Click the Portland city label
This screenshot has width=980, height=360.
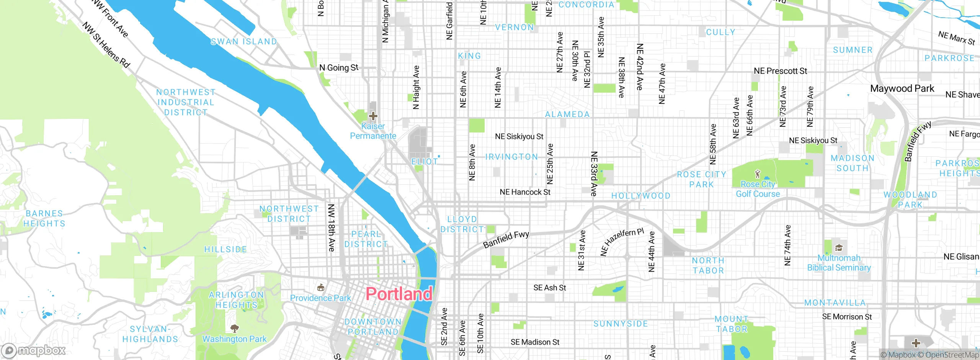[x=399, y=294]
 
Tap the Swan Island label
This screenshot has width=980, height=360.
[x=244, y=41]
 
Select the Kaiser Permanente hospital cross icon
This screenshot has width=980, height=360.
[x=373, y=116]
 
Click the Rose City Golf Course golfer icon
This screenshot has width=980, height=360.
[x=757, y=174]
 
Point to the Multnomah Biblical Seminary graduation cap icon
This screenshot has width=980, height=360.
[x=838, y=248]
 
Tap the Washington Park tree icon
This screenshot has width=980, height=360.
[x=235, y=328]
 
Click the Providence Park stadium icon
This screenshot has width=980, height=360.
[x=321, y=287]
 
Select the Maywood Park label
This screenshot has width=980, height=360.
[x=902, y=88]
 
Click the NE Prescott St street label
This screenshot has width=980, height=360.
[x=780, y=71]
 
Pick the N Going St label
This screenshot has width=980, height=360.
[x=339, y=68]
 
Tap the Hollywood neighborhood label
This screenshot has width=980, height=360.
[x=641, y=196]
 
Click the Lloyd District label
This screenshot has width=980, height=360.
[x=462, y=224]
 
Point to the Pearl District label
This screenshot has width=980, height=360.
[x=366, y=239]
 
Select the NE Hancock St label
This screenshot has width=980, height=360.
[x=525, y=192]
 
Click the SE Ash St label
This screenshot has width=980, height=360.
[x=549, y=288]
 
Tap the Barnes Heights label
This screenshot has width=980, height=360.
[x=44, y=218]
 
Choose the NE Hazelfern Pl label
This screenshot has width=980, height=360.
[x=622, y=242]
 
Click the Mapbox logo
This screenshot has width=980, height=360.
[x=34, y=350]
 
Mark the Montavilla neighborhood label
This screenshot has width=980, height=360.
[x=835, y=303]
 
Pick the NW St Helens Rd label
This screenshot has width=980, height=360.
[x=106, y=45]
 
